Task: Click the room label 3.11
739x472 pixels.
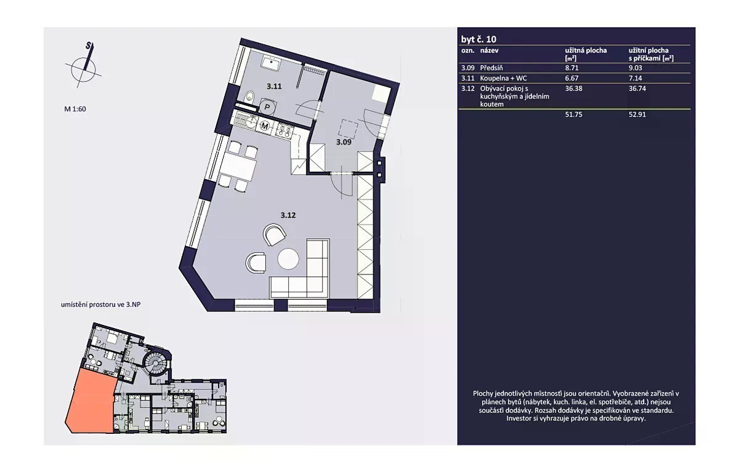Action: (274, 86)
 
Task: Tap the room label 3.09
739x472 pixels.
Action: (344, 142)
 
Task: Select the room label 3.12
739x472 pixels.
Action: (288, 215)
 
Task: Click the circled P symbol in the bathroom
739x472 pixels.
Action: (267, 107)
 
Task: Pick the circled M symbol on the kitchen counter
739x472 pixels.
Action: (265, 126)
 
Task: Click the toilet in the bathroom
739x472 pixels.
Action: (250, 97)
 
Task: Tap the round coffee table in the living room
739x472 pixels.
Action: (288, 258)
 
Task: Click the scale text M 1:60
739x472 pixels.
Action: (75, 109)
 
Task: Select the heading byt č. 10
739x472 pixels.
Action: (479, 39)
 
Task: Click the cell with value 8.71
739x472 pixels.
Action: (571, 68)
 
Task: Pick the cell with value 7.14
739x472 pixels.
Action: (636, 78)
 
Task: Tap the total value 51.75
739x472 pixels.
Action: (573, 114)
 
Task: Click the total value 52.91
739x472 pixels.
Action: (637, 114)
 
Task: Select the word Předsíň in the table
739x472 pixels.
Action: (491, 68)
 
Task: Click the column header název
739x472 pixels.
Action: (489, 50)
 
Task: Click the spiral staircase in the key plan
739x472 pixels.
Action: (156, 363)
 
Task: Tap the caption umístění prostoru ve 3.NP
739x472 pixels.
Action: (100, 305)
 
